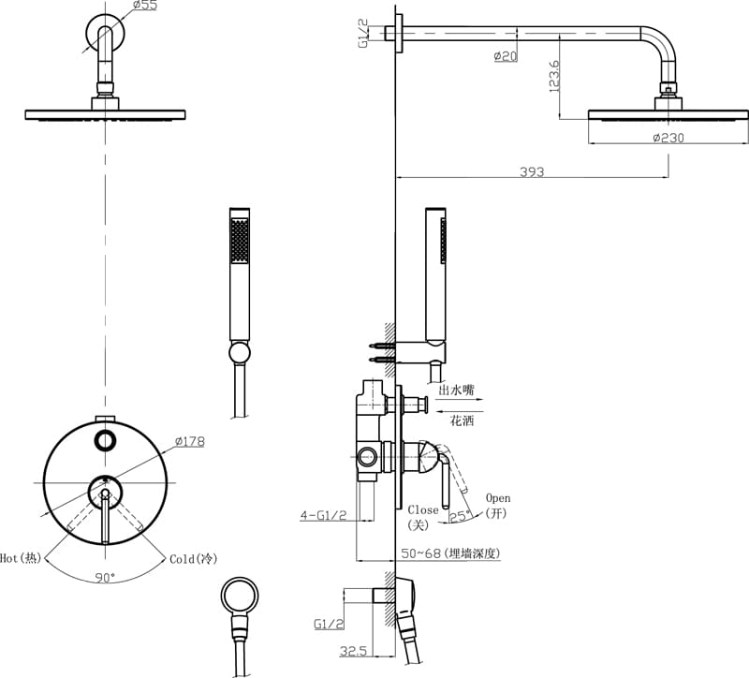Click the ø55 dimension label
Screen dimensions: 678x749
[143, 6]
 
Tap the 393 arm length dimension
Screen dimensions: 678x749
[533, 172]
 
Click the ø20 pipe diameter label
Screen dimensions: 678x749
[506, 56]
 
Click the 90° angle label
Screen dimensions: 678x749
[105, 578]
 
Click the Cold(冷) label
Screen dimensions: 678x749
[193, 558]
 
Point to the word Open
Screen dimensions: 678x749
[498, 498]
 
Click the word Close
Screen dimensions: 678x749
[423, 510]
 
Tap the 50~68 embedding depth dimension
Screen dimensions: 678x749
[450, 553]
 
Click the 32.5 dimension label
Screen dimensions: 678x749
[353, 650]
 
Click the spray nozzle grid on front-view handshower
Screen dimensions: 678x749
[241, 240]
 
